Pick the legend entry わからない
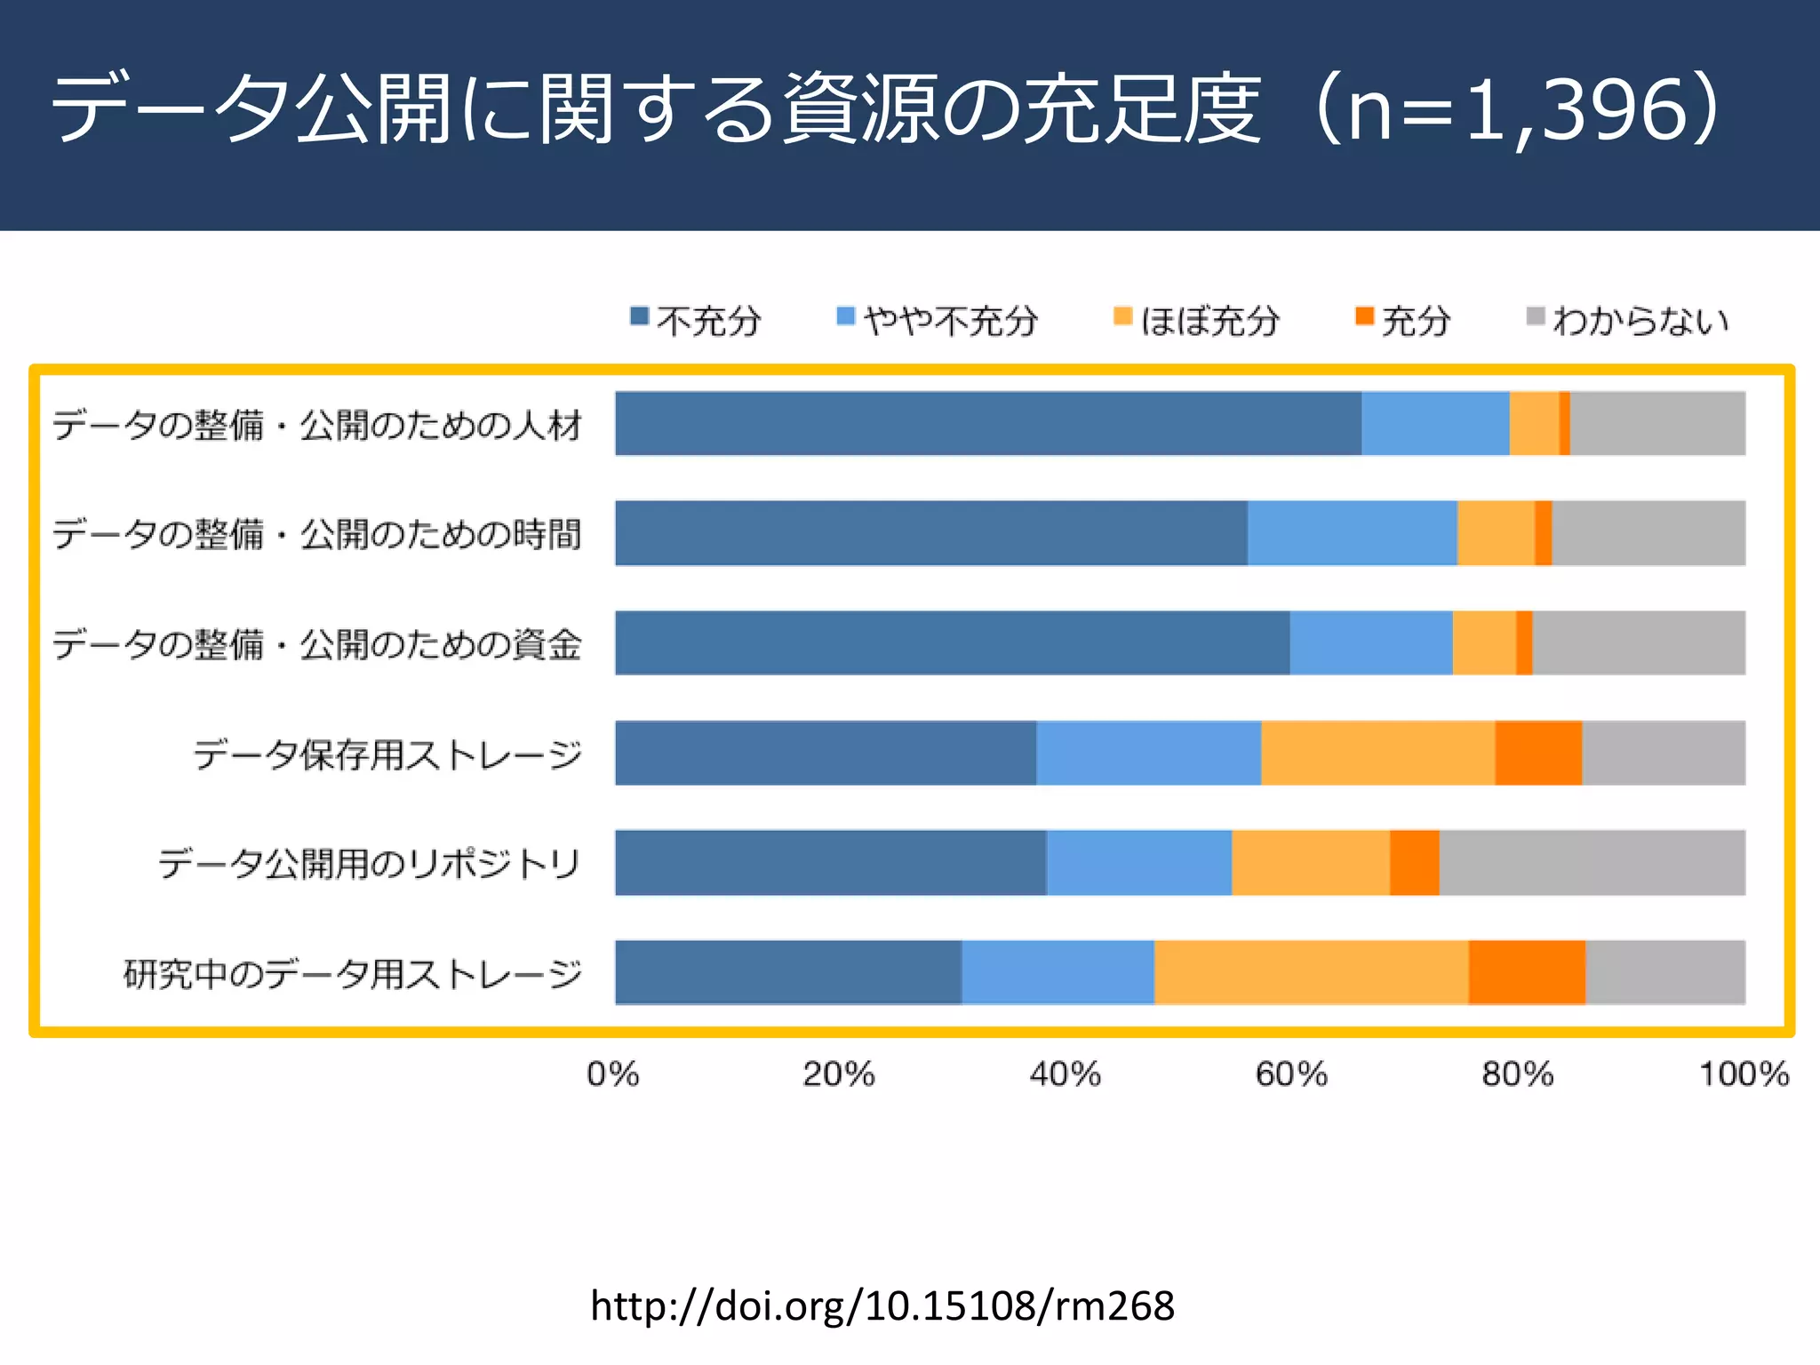pos(1628,321)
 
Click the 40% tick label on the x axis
pos(1065,1074)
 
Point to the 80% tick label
pos(1517,1074)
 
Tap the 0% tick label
pos(612,1074)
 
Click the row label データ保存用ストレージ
pos(387,754)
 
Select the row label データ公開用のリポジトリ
pos(369,864)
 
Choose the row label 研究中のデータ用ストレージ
pos(353,974)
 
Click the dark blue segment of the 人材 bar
pos(986,423)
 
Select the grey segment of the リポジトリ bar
pos(1591,863)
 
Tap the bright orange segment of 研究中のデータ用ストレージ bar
pos(1526,972)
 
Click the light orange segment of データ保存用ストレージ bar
pos(1377,753)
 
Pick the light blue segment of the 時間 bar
pos(1352,533)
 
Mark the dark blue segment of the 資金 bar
pos(951,643)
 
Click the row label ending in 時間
pos(316,534)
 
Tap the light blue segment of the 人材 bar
pos(1434,423)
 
